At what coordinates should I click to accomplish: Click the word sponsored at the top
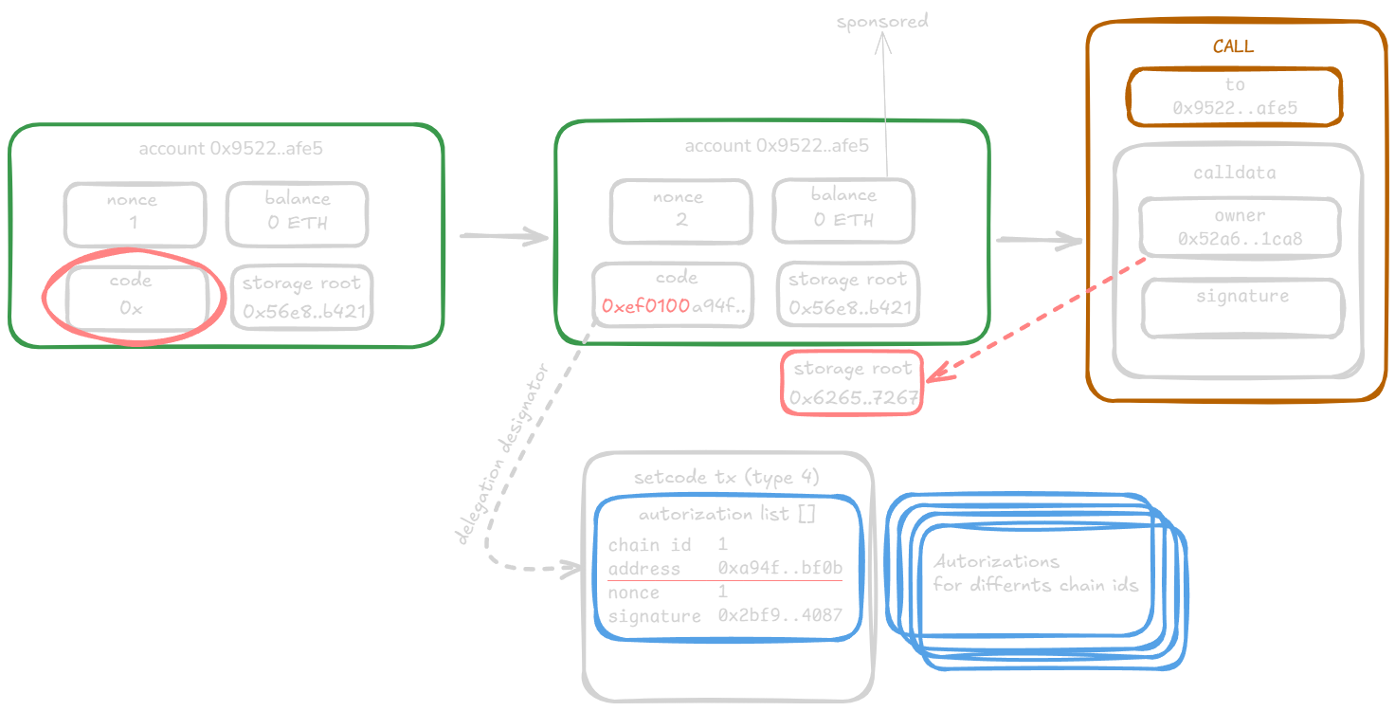pyautogui.click(x=882, y=20)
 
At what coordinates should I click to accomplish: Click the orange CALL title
pyautogui.click(x=1232, y=46)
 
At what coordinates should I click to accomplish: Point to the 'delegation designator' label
pyautogui.click(x=502, y=454)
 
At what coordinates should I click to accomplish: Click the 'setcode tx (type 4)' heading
pyautogui.click(x=726, y=477)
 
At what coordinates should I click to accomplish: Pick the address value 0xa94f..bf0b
pyautogui.click(x=780, y=569)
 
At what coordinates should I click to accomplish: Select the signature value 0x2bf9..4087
pyautogui.click(x=780, y=616)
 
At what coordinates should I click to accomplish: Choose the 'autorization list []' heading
pyautogui.click(x=726, y=515)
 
